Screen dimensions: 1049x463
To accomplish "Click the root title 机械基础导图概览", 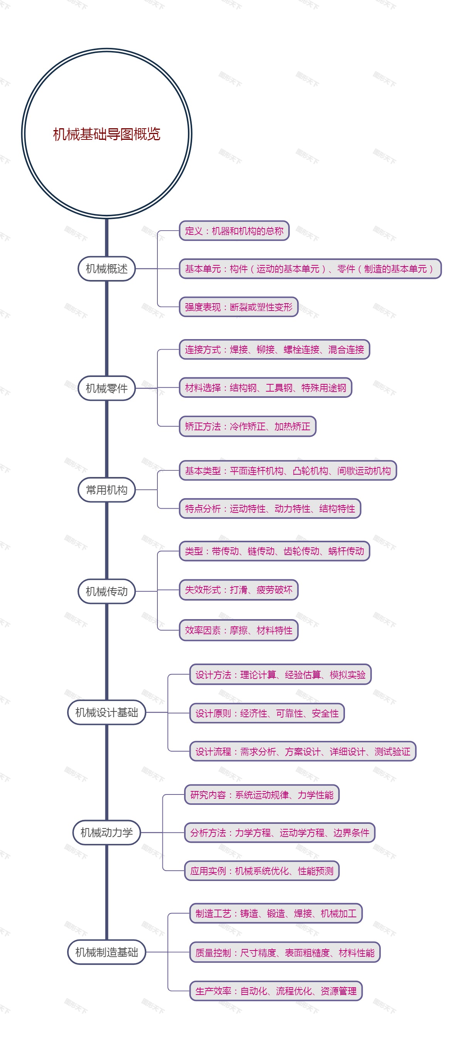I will tap(106, 134).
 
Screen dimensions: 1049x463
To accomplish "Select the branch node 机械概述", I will tap(106, 269).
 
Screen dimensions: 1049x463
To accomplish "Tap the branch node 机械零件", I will tap(106, 388).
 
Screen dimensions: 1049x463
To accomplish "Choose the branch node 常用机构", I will tap(106, 489).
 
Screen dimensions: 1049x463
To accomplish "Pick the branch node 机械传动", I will tap(106, 591).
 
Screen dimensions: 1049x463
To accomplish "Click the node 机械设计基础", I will tap(106, 712).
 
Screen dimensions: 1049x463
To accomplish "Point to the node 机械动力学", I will tap(106, 832).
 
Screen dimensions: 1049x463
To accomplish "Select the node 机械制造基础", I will tap(106, 952).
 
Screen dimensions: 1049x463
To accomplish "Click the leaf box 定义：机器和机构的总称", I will tap(234, 231).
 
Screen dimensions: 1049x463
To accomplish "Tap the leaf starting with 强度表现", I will tap(238, 307).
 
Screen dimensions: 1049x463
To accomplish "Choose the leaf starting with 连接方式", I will tap(274, 350).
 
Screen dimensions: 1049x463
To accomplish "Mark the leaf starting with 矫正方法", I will tap(247, 426).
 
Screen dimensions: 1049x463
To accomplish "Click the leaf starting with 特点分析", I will tap(270, 509).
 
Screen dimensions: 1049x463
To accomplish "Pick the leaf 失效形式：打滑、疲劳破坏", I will tap(238, 590).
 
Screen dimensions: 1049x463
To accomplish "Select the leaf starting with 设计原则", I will tap(267, 713).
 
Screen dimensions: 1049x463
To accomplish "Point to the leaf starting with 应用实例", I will tap(262, 871).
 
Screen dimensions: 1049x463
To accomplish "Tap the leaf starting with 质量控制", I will tap(285, 952).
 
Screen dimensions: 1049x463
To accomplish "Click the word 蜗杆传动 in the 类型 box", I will tap(346, 551).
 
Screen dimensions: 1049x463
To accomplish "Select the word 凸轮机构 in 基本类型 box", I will tap(311, 471).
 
